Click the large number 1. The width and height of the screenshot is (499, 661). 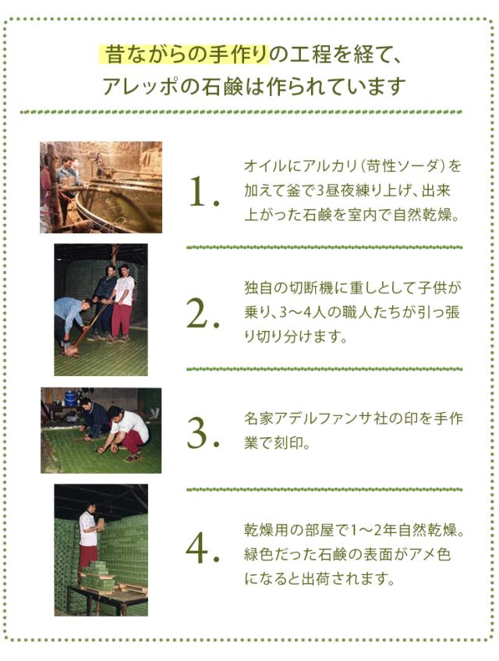(201, 192)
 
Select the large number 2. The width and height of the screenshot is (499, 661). (203, 313)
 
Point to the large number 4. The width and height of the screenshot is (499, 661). (203, 549)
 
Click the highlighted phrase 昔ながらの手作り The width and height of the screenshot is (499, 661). (184, 55)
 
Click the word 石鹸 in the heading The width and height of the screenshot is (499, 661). (206, 86)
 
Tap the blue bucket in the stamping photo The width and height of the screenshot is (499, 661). (70, 398)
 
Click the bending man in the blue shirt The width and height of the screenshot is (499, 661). (73, 320)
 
